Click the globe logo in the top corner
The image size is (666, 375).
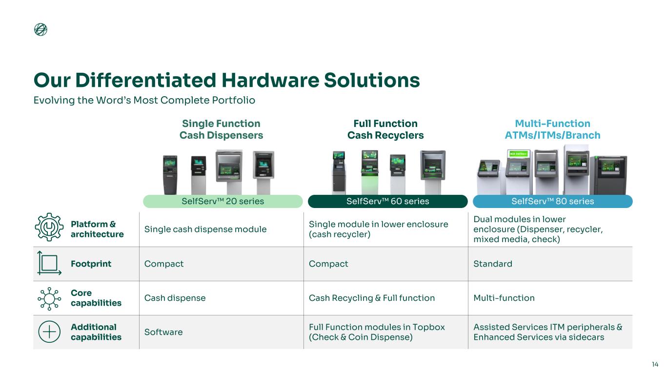point(40,29)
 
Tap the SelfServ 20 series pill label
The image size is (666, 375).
point(222,201)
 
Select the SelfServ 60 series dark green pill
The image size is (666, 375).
point(388,201)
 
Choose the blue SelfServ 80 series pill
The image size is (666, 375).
point(552,201)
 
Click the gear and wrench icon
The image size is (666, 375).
point(49,227)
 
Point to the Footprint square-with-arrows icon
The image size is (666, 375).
point(49,263)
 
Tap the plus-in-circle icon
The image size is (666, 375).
point(49,332)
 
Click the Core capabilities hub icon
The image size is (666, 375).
point(49,298)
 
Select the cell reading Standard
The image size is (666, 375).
point(493,264)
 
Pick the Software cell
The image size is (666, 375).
point(163,332)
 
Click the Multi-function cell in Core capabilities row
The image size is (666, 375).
point(504,298)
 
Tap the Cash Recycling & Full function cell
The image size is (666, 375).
point(372,298)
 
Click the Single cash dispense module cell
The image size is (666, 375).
point(205,229)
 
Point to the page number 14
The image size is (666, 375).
point(655,364)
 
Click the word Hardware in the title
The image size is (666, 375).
point(270,80)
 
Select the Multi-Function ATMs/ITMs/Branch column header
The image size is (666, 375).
point(552,129)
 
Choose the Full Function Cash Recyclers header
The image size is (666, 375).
point(385,129)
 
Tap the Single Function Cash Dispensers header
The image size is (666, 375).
point(221,129)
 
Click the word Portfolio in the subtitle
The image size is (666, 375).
point(233,100)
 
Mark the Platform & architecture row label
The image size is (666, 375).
point(97,229)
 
